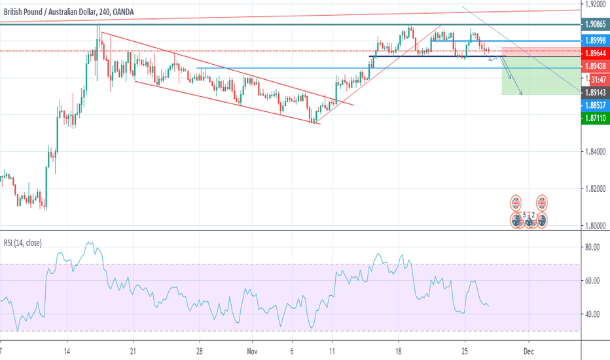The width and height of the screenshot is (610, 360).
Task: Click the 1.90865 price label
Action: coord(595,24)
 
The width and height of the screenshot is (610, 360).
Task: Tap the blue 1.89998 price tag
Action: coord(595,41)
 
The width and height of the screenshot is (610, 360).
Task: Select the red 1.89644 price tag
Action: coord(595,52)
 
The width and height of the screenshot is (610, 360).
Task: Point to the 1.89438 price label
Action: coord(595,67)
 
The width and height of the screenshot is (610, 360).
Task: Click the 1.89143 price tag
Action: coord(595,93)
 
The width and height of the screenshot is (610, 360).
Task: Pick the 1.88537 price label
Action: coord(595,105)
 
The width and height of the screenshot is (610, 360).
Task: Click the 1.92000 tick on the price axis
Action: coord(595,4)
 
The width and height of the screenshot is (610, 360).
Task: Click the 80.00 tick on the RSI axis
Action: coord(592,247)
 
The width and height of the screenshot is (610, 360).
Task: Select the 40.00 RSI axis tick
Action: coord(592,314)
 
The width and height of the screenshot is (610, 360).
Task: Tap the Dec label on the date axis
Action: coord(529,351)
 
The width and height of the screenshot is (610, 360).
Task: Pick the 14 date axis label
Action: coord(67,351)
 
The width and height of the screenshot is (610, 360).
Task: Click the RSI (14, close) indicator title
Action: coord(22,243)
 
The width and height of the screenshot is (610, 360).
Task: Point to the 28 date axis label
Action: coord(201,351)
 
